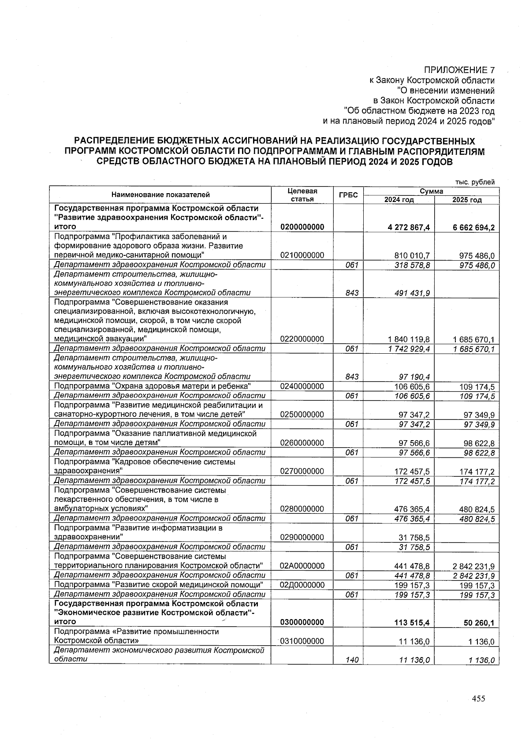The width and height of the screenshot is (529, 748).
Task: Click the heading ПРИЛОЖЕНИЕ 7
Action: point(459,70)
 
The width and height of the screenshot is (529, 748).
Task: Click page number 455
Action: point(478,699)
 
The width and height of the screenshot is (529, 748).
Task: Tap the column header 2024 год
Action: point(399,200)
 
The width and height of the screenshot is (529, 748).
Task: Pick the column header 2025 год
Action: point(467,200)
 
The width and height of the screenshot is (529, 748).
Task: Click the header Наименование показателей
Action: point(160,194)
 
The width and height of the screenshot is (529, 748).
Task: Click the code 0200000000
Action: point(302,227)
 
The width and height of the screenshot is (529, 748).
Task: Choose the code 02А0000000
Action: point(302,566)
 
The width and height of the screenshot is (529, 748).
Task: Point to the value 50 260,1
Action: point(478,622)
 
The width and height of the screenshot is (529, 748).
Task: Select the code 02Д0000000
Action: point(302,585)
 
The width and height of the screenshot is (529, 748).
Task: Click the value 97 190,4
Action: point(414,377)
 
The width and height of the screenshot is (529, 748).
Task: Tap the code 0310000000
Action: point(302,641)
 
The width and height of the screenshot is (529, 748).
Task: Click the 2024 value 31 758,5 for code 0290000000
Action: point(414,538)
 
